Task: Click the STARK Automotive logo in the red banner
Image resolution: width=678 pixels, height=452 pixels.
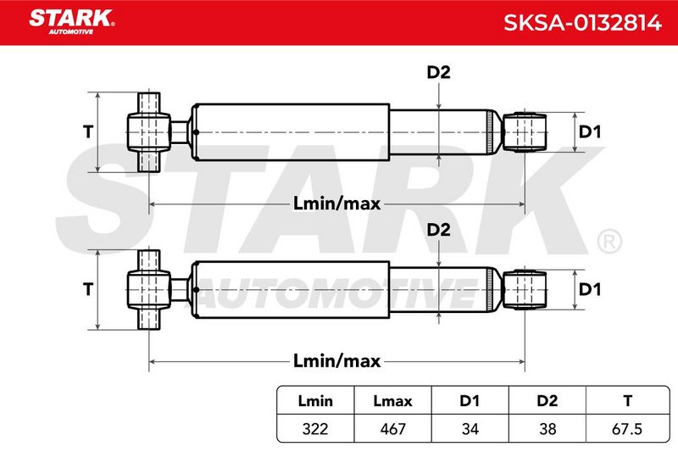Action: click(72, 22)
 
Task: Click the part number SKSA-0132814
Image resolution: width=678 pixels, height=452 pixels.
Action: click(582, 23)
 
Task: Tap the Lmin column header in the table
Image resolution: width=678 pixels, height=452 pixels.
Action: click(315, 401)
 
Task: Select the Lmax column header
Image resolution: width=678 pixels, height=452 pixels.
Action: click(392, 401)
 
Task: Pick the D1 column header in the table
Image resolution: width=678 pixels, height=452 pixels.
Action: click(470, 401)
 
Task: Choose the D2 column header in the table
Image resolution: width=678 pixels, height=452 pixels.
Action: click(547, 401)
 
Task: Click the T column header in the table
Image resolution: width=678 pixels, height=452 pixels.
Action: click(628, 401)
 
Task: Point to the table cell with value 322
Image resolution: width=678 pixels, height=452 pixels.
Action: click(315, 429)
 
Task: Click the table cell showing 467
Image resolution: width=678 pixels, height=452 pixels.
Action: click(392, 429)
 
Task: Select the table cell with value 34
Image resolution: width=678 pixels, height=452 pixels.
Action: click(470, 429)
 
